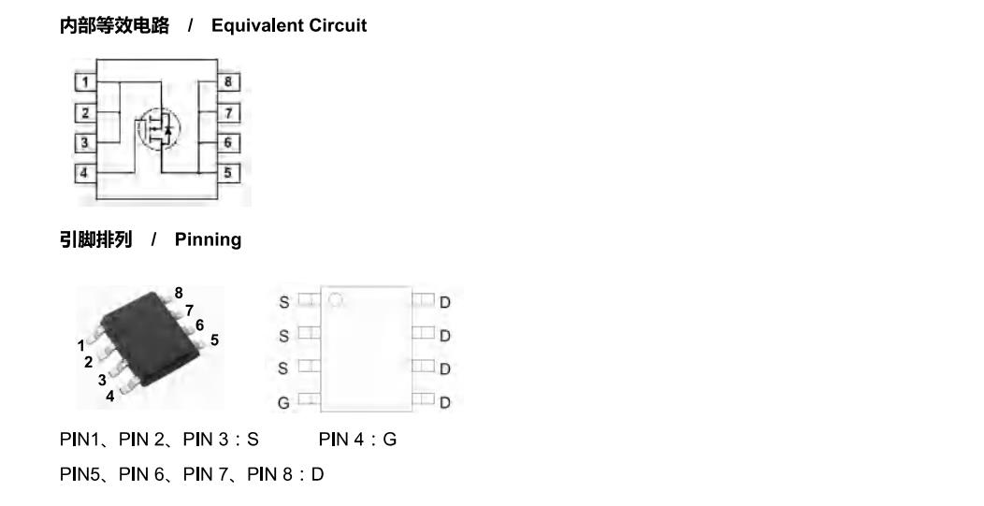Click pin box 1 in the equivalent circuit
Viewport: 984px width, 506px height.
tap(85, 81)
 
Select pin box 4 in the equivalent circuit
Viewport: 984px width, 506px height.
tap(85, 173)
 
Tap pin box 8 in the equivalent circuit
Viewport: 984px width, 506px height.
tap(228, 81)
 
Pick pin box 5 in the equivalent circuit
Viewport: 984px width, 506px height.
tap(228, 172)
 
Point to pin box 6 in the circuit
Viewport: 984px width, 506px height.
tap(228, 142)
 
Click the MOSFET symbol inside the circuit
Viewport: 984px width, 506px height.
tap(158, 129)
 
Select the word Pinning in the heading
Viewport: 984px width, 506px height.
tap(208, 239)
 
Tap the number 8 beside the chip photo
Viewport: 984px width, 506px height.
tap(179, 293)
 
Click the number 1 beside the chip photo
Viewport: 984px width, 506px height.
tap(81, 346)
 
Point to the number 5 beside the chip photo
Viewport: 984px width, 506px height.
tap(214, 340)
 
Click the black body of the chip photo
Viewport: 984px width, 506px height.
tap(151, 338)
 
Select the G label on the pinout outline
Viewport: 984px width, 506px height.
tap(283, 402)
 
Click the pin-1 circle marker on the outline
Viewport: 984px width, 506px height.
tap(337, 300)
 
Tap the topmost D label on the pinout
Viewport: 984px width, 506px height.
tap(445, 303)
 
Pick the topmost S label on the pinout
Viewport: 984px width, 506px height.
tap(284, 302)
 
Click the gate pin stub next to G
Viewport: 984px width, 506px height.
tap(309, 398)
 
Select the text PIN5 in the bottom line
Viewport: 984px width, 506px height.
tap(80, 474)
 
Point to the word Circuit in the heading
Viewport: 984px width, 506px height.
tap(341, 26)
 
